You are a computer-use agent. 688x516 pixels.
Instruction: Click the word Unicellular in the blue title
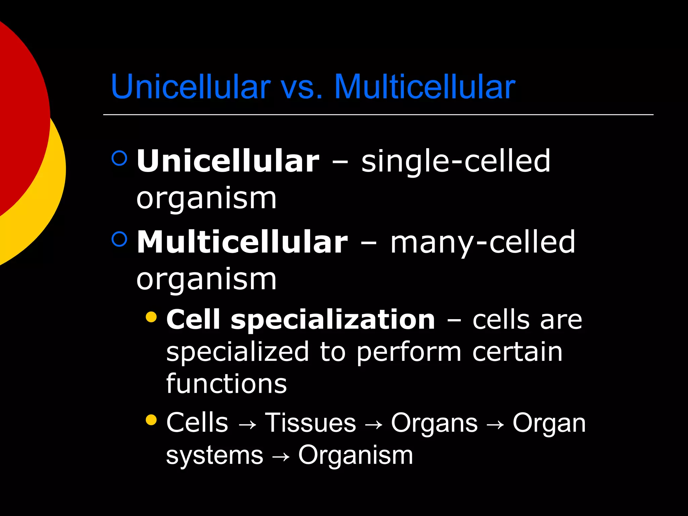click(190, 87)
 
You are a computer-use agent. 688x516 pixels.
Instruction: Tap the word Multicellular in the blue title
click(425, 87)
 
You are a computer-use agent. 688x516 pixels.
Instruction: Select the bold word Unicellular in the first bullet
click(228, 161)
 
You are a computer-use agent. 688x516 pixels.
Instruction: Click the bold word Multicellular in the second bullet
click(242, 242)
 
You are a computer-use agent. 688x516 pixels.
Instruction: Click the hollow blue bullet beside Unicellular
click(119, 158)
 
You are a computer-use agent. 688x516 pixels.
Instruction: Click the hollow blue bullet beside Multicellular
click(119, 239)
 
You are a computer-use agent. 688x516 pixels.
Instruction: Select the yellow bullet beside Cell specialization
click(152, 317)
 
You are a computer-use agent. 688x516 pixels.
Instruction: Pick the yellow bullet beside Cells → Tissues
click(152, 420)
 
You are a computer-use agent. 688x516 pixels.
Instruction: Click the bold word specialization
click(333, 320)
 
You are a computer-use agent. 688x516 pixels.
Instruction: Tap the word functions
click(226, 384)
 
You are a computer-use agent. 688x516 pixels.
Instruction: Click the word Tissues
click(310, 423)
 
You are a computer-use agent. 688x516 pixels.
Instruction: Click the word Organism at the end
click(355, 456)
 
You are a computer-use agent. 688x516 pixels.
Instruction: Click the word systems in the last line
click(215, 456)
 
